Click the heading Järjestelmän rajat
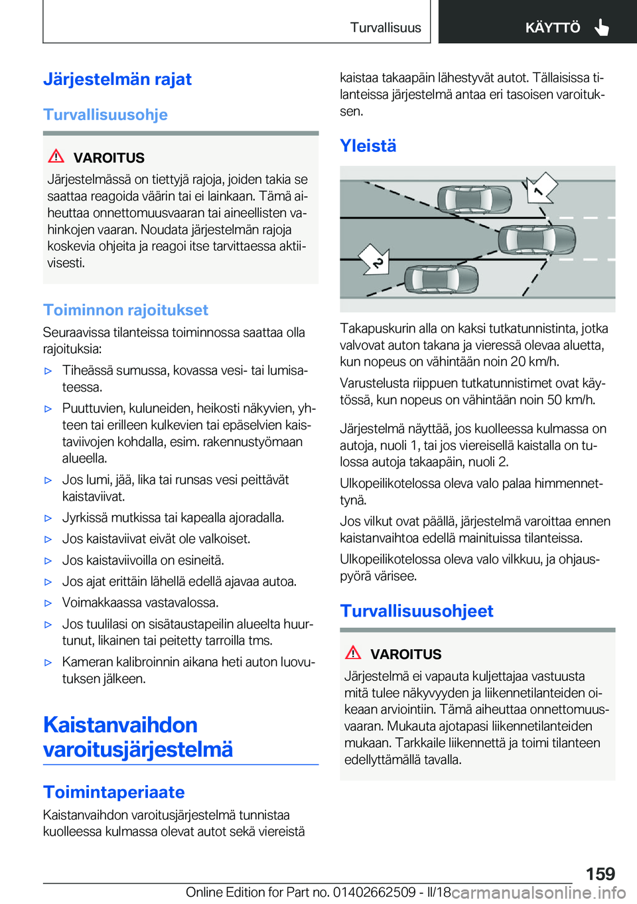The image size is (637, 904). (x=117, y=80)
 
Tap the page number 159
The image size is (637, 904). (x=600, y=873)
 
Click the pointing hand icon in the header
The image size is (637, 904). (x=602, y=27)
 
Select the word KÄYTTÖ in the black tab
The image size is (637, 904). (x=552, y=28)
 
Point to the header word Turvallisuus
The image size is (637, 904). (x=386, y=28)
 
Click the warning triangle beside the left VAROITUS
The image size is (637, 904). (x=56, y=157)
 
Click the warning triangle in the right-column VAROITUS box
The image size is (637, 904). (x=353, y=652)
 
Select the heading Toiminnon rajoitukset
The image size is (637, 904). (x=125, y=310)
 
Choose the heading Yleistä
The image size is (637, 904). (x=368, y=146)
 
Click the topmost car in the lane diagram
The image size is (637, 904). (x=474, y=198)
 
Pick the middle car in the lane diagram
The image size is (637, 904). (x=536, y=240)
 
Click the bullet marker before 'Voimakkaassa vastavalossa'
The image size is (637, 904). (x=48, y=603)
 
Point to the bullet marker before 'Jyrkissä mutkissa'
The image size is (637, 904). (x=48, y=518)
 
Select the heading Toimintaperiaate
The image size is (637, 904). (x=114, y=792)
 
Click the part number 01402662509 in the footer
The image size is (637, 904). (x=374, y=893)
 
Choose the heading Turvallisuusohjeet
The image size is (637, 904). (x=417, y=611)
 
